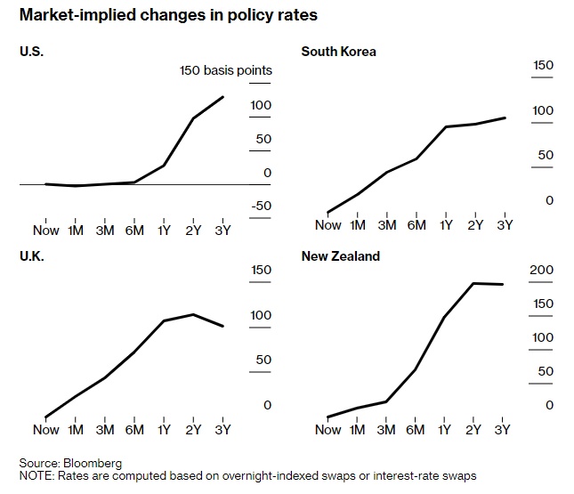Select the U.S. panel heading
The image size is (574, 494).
tap(31, 51)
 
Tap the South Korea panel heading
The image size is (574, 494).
tap(338, 51)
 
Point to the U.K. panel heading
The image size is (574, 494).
tap(31, 256)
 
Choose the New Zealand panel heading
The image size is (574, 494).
tap(341, 256)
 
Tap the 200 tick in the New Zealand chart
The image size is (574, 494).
tap(542, 270)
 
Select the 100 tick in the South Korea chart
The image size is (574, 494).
tap(542, 111)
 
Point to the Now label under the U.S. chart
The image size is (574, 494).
tap(45, 231)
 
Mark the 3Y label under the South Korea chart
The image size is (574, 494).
tap(505, 224)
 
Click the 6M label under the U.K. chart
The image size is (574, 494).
tap(134, 430)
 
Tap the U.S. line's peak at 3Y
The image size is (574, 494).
tap(222, 97)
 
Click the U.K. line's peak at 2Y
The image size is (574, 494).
tap(193, 314)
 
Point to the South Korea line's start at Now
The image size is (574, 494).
tap(328, 213)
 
